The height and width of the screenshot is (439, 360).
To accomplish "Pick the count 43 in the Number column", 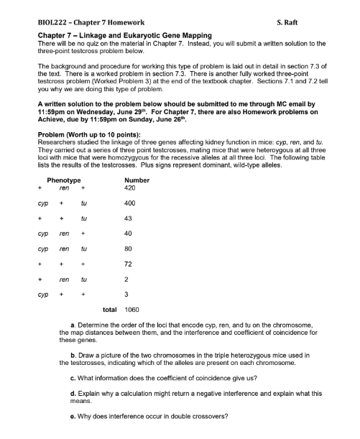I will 129,218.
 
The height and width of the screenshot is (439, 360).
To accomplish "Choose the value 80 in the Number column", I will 129,249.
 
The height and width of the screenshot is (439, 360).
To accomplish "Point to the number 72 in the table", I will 129,265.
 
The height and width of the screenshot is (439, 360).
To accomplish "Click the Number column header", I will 137,179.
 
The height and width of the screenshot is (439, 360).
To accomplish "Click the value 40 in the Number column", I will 129,234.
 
